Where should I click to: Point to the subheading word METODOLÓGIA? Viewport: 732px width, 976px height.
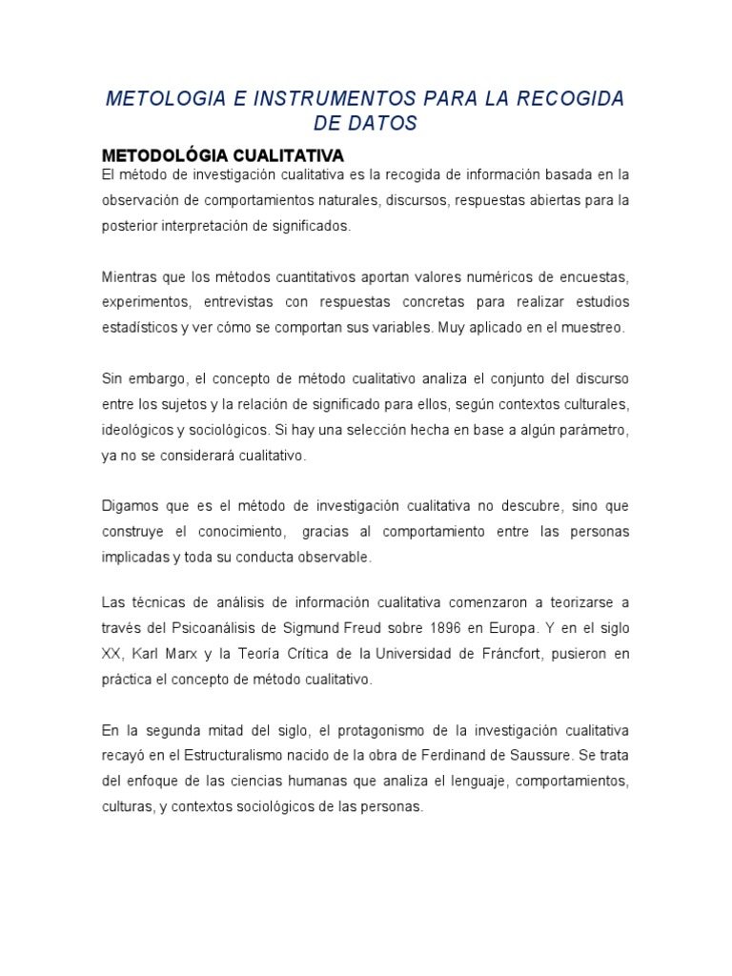click(160, 155)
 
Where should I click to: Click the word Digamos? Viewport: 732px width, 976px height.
click(128, 504)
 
